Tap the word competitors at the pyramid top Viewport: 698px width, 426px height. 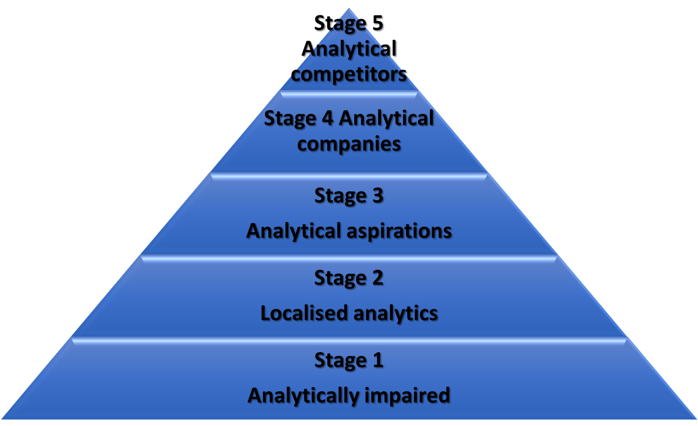pyautogui.click(x=349, y=74)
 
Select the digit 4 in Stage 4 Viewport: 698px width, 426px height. pyautogui.click(x=328, y=119)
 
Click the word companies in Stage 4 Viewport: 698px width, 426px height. pyautogui.click(x=349, y=144)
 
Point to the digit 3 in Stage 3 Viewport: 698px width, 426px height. pyautogui.click(x=377, y=196)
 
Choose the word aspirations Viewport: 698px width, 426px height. pyautogui.click(x=399, y=231)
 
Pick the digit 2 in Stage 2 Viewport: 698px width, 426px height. pyautogui.click(x=377, y=278)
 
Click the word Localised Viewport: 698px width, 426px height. pyautogui.click(x=304, y=313)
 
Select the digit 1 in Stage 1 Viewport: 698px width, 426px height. pyautogui.click(x=378, y=360)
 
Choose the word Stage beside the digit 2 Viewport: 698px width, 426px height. pyautogui.click(x=339, y=278)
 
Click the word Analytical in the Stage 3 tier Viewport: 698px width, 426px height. pyautogui.click(x=294, y=231)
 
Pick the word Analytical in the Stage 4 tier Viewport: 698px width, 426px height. pyautogui.click(x=386, y=119)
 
